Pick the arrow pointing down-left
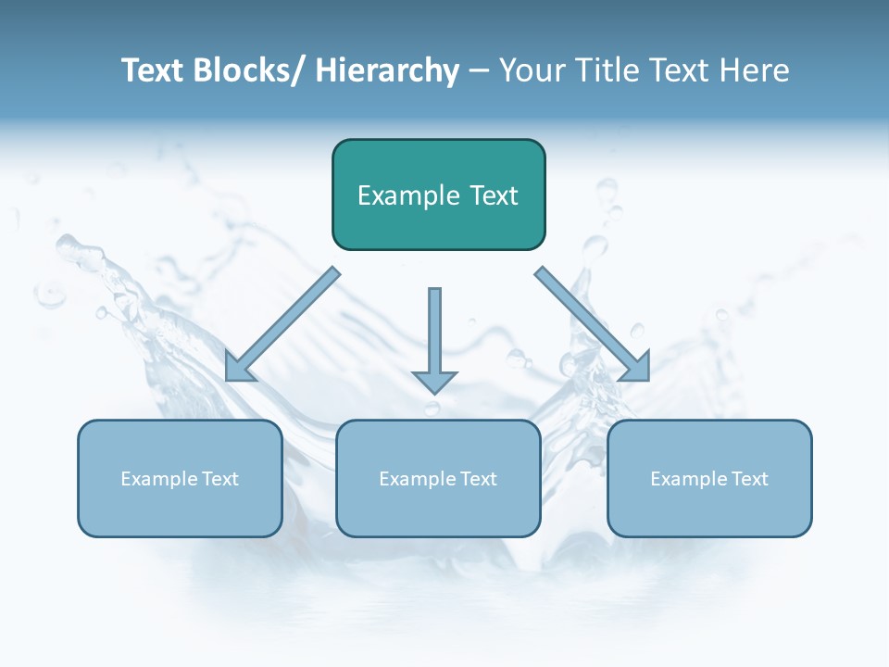[282, 324]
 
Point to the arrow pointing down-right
[593, 324]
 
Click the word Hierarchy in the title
[387, 70]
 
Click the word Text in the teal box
[494, 195]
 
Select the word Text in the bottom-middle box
[478, 479]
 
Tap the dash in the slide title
[479, 71]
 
